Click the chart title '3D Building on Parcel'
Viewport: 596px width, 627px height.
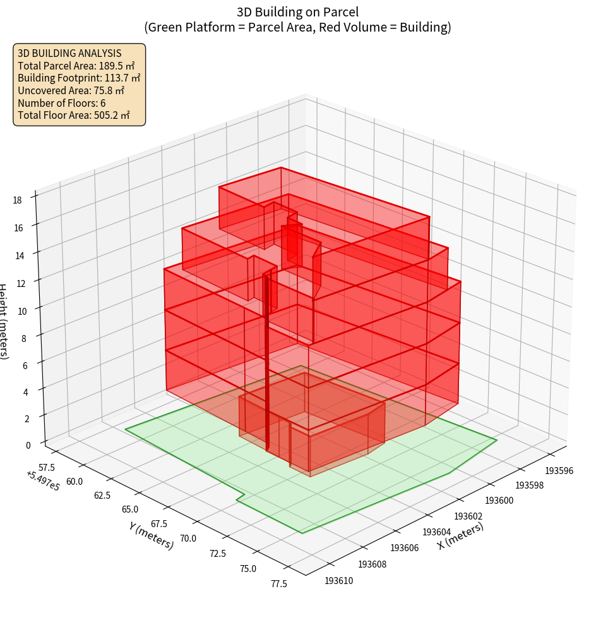297,12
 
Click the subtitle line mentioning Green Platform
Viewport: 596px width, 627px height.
297,27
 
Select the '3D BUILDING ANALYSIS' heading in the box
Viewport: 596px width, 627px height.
69,54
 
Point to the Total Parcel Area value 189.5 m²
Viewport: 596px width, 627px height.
117,66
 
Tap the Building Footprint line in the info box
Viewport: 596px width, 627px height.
79,78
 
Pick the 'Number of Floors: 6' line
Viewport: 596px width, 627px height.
62,103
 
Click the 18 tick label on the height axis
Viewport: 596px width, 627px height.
17,200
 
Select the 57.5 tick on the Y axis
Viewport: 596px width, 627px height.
47,467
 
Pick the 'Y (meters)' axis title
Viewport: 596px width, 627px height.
151,535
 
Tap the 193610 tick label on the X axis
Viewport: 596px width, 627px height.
339,580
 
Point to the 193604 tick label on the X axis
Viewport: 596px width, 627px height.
437,532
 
